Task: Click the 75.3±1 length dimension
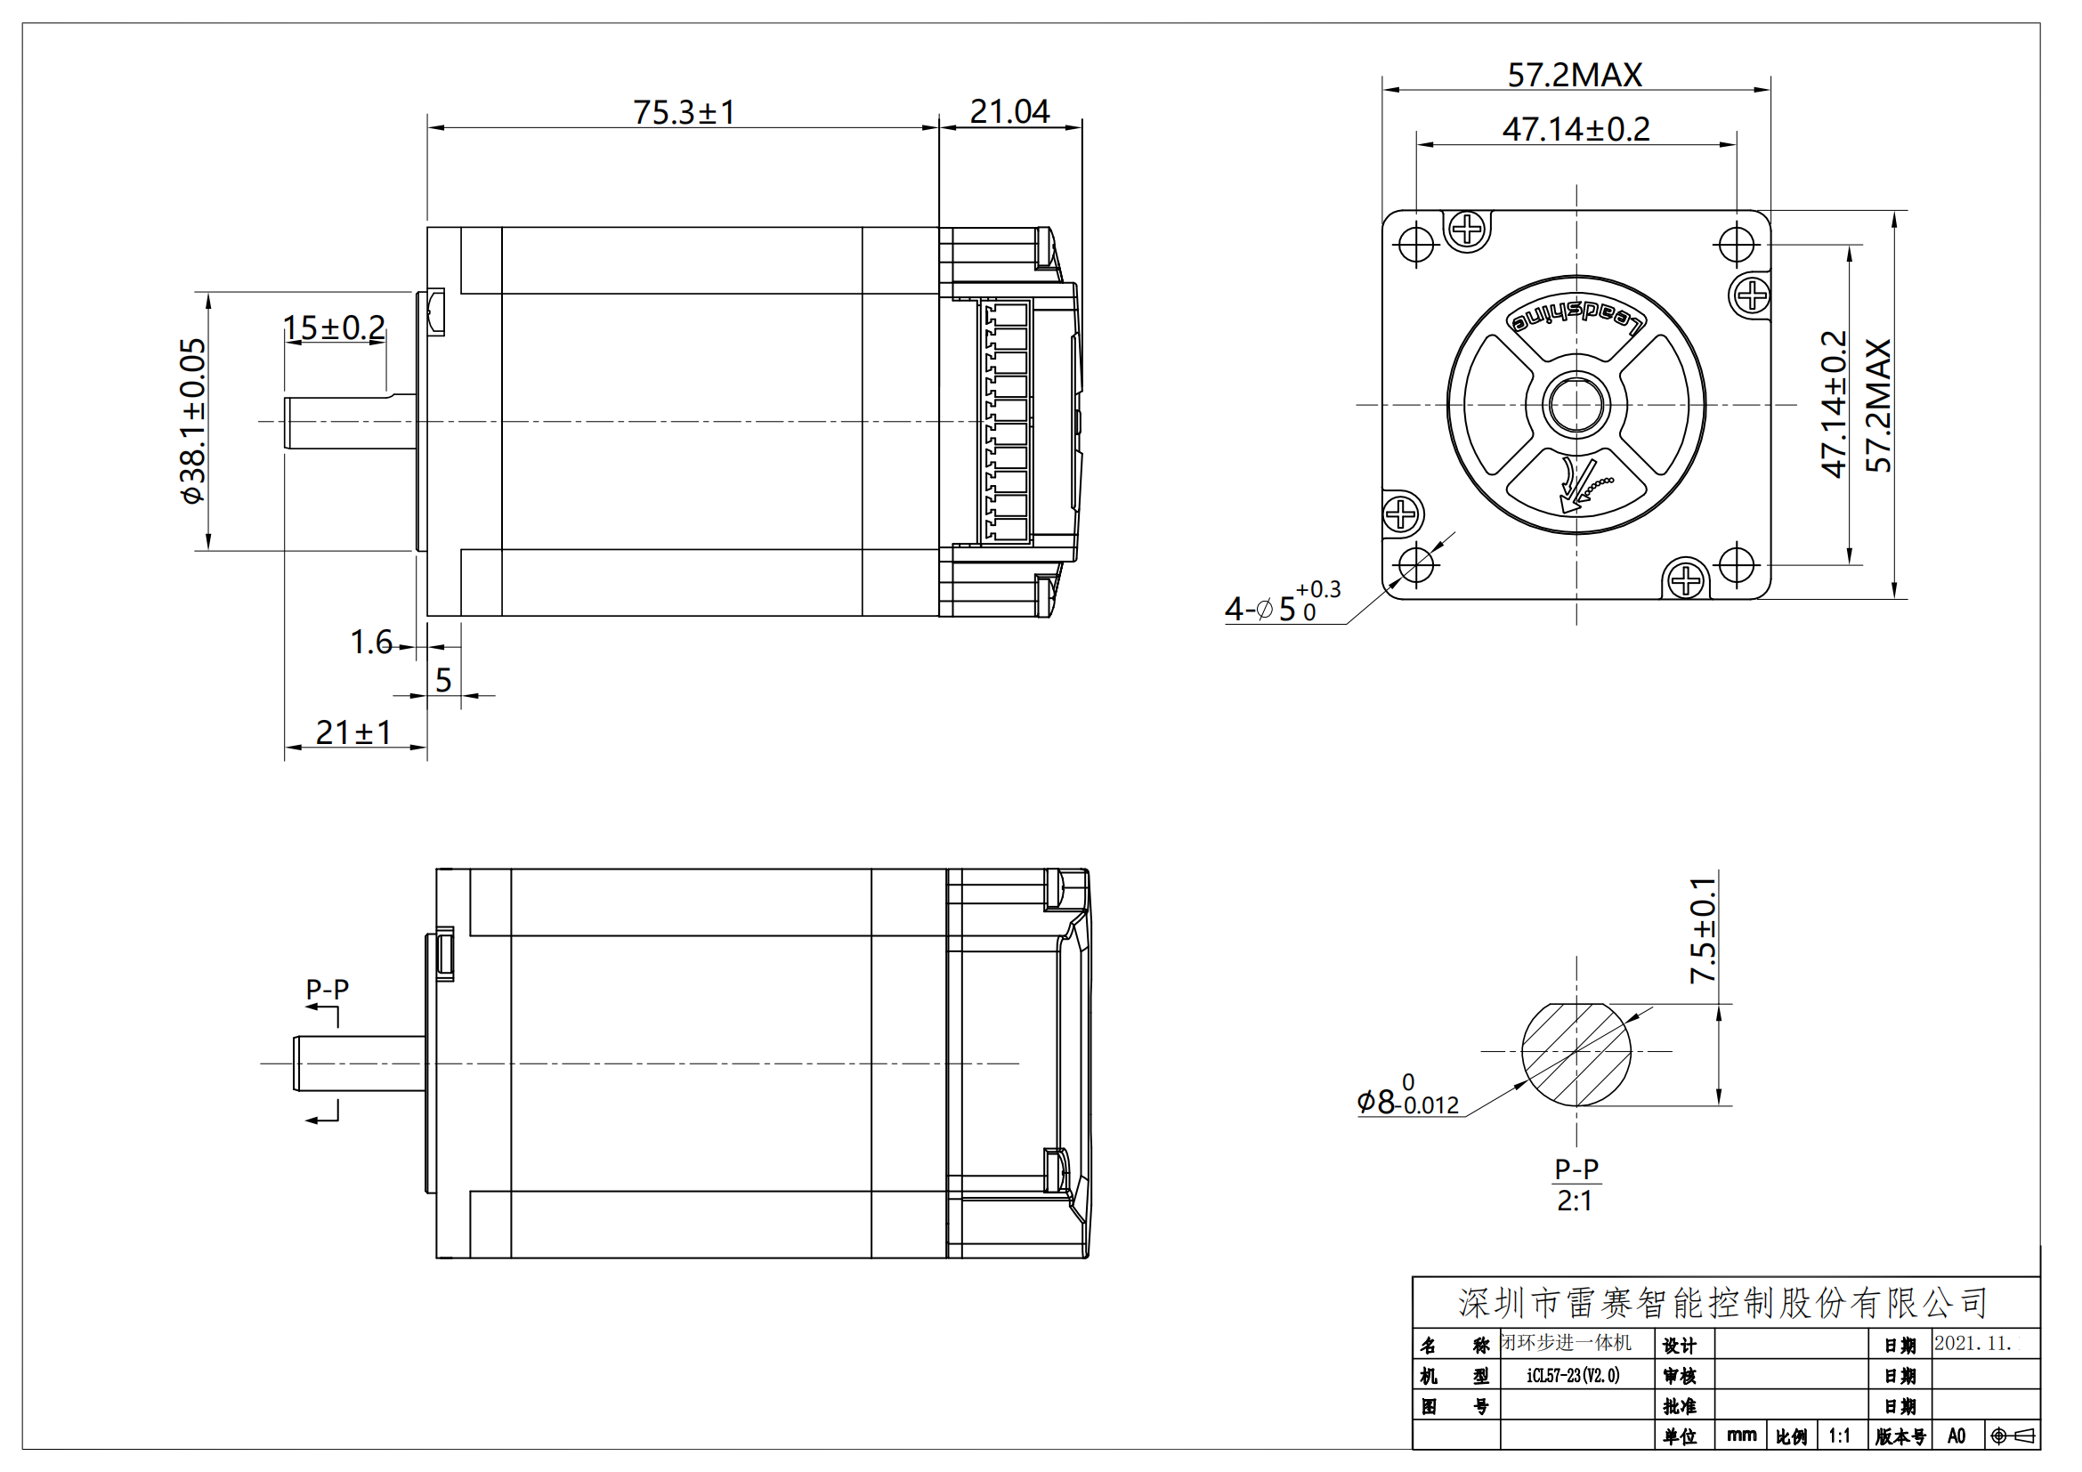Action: [684, 112]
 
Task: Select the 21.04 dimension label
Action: [1009, 111]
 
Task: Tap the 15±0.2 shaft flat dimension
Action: [334, 328]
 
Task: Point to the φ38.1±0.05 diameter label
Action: [193, 421]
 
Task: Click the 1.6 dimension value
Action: [371, 642]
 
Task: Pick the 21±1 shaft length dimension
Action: [352, 732]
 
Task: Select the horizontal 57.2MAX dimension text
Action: [1575, 75]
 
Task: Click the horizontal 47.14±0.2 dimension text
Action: [1576, 130]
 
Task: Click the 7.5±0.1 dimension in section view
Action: [1702, 930]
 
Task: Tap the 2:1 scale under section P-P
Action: [1575, 1201]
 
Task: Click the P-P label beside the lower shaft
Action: [327, 989]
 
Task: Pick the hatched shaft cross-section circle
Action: [1576, 1054]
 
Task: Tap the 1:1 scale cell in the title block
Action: [1838, 1436]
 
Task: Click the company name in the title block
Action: [1722, 1303]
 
